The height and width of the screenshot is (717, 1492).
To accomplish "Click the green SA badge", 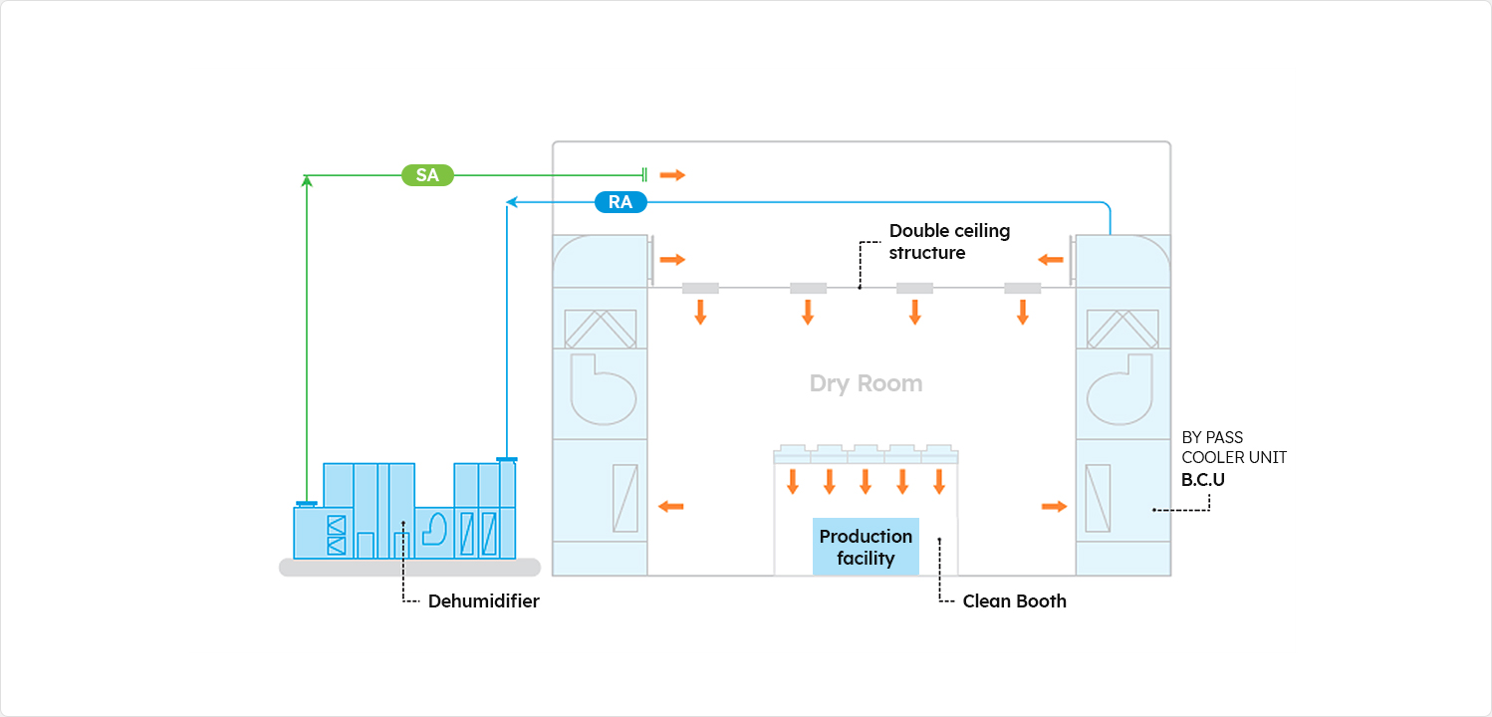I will pyautogui.click(x=427, y=175).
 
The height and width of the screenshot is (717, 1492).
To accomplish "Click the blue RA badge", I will pyautogui.click(x=621, y=202).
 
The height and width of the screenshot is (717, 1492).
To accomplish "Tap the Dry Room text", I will pyautogui.click(x=866, y=383).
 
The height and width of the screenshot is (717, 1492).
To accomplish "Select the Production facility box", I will pyautogui.click(x=866, y=547).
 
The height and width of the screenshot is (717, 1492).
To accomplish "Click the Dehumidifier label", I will pyautogui.click(x=483, y=601).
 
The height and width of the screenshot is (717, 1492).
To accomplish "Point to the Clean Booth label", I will pyautogui.click(x=1014, y=601).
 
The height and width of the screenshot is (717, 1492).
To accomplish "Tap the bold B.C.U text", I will pyautogui.click(x=1202, y=479).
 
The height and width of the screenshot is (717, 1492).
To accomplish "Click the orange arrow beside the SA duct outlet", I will pyautogui.click(x=672, y=175).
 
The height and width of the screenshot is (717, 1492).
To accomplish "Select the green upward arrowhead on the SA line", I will pyautogui.click(x=307, y=180).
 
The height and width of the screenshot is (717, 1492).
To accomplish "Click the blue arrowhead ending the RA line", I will pyautogui.click(x=511, y=202).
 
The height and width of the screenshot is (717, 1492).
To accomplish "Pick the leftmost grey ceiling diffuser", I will pyautogui.click(x=700, y=288).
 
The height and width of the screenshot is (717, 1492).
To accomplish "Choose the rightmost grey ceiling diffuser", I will pyautogui.click(x=1022, y=288).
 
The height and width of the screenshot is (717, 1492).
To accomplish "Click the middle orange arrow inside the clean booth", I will pyautogui.click(x=866, y=482).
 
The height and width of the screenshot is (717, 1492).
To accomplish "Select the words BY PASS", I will pyautogui.click(x=1212, y=437).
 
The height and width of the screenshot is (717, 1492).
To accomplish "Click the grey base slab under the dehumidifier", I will pyautogui.click(x=409, y=568).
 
